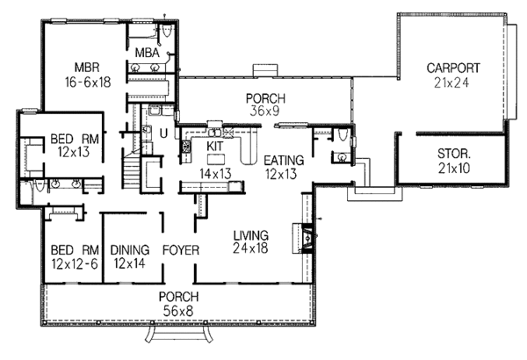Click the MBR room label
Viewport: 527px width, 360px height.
(86, 66)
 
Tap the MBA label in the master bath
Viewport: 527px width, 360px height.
(146, 53)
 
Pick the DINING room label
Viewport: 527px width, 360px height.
(129, 249)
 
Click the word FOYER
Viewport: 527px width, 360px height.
(180, 249)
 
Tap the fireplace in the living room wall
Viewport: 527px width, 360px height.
(306, 235)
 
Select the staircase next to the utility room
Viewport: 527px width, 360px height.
(132, 170)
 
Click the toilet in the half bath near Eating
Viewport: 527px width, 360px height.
(339, 158)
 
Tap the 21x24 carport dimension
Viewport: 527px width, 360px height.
(452, 83)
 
